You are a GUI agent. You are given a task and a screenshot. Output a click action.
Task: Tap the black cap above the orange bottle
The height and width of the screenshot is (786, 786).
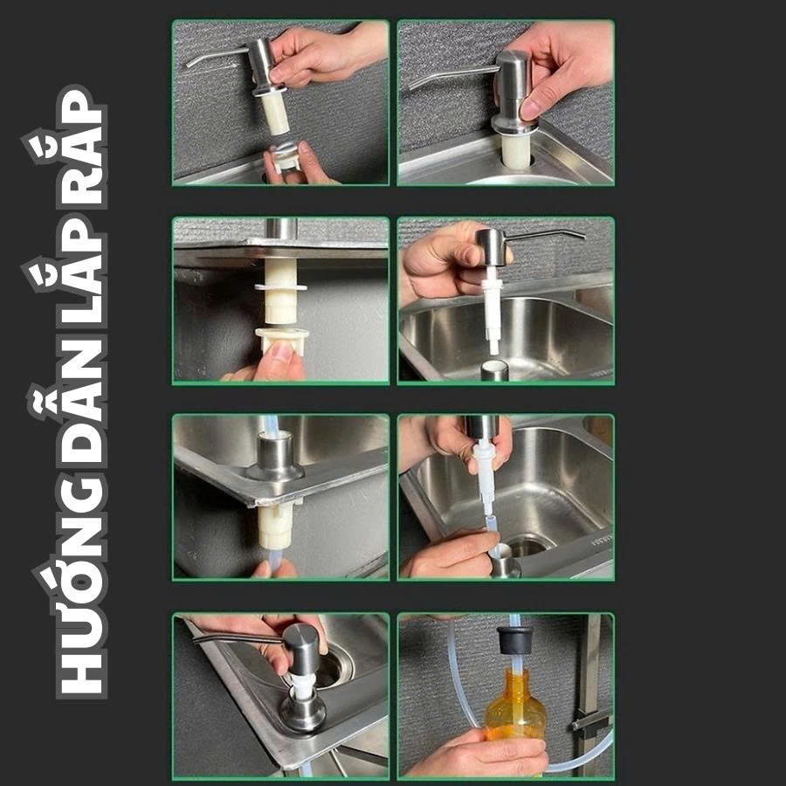[x=514, y=639]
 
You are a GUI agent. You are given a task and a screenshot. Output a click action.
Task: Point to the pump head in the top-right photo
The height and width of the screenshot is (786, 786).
[x=513, y=91]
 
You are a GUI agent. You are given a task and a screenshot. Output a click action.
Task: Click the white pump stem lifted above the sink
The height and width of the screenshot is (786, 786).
[x=493, y=309]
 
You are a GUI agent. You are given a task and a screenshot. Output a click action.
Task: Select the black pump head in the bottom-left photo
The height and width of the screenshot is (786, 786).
[x=300, y=649]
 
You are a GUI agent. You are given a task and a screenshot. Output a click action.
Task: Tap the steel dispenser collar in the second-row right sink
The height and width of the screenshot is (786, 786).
[x=494, y=370]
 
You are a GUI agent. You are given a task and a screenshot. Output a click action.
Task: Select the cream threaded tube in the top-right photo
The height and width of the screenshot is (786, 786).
[x=516, y=151]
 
